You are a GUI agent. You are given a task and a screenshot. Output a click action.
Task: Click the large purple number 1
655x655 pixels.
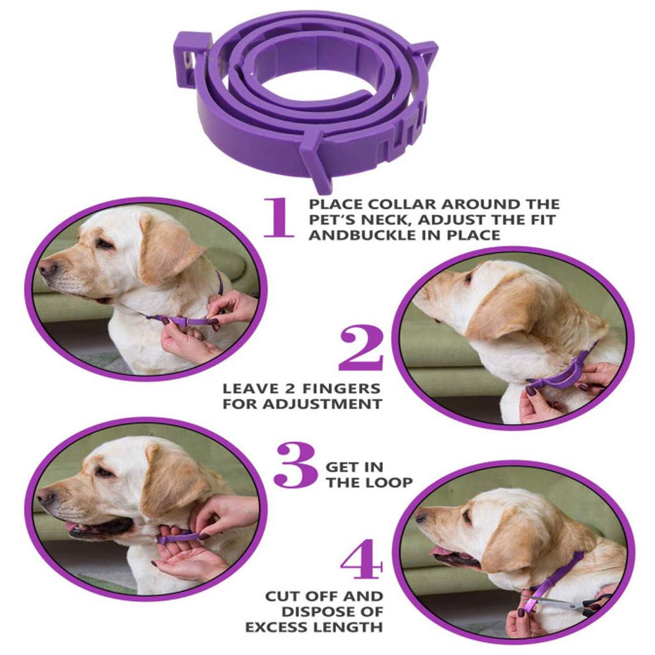click(x=279, y=217)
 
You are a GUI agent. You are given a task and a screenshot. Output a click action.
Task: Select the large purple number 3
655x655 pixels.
click(x=296, y=464)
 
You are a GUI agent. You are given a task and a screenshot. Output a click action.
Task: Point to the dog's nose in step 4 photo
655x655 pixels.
click(x=421, y=515)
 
